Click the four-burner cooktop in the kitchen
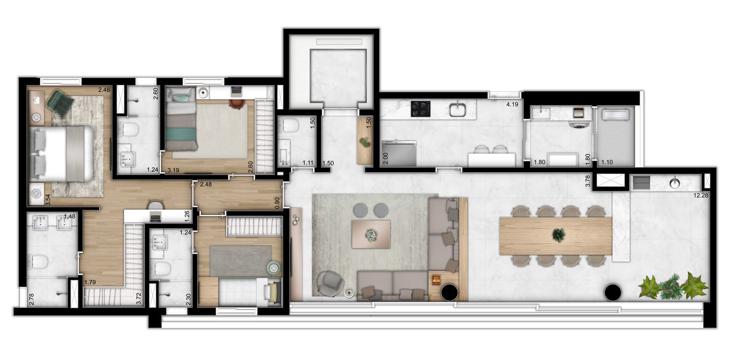click(420, 109)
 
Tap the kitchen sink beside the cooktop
click(458, 109)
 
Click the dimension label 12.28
click(701, 195)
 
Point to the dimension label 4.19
click(512, 105)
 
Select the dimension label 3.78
click(588, 181)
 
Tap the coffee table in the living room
click(371, 234)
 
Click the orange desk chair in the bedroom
click(237, 103)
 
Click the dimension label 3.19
click(173, 170)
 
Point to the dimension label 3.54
click(48, 199)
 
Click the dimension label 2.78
click(31, 299)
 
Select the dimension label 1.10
click(607, 162)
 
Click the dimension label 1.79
click(90, 282)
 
